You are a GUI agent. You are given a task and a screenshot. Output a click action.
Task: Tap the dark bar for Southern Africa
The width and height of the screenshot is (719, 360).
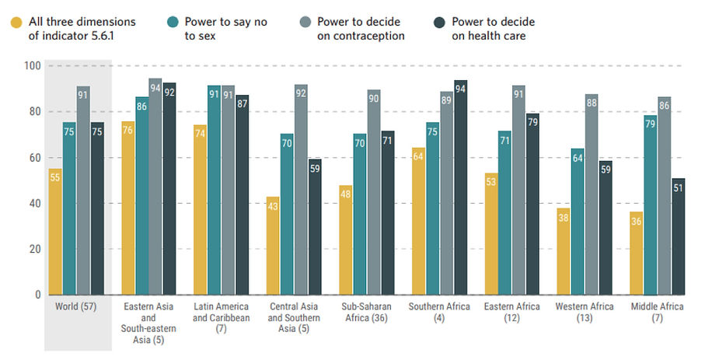pyautogui.click(x=460, y=187)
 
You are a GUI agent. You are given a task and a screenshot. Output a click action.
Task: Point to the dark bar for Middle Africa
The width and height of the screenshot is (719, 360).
pyautogui.click(x=678, y=236)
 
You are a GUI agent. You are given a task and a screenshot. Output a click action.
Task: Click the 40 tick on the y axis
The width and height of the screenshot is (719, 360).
pyautogui.click(x=33, y=204)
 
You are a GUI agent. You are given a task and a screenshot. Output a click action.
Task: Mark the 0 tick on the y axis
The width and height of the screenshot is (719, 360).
pyautogui.click(x=37, y=295)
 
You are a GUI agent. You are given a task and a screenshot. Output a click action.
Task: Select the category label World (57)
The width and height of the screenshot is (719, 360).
pyautogui.click(x=75, y=307)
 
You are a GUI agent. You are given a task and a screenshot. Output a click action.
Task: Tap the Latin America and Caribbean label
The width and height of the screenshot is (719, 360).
pyautogui.click(x=221, y=312)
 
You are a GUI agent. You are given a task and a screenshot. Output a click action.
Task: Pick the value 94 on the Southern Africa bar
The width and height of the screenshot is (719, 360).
pyautogui.click(x=460, y=89)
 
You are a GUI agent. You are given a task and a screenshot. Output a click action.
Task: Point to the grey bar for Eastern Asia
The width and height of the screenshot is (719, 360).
pyautogui.click(x=155, y=187)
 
